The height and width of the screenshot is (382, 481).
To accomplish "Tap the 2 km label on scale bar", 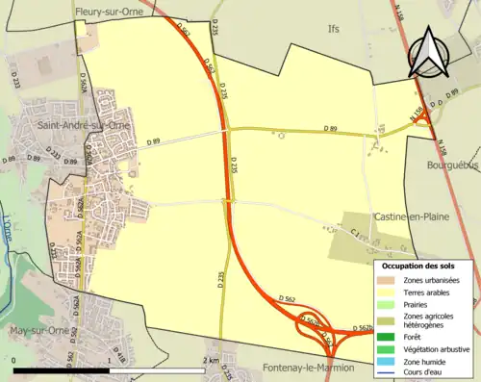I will coord(213,361).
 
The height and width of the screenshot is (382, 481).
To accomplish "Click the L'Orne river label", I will coord(7,230).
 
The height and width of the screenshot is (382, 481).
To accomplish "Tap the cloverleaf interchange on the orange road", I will coord(319,330).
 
